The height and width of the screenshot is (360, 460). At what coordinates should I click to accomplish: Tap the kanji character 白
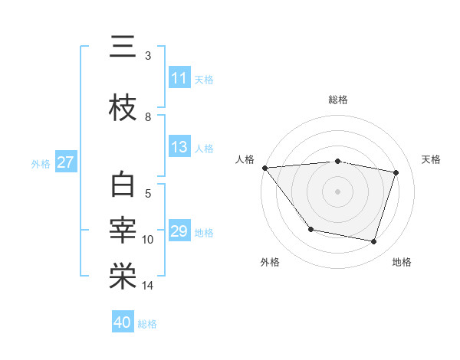(123, 186)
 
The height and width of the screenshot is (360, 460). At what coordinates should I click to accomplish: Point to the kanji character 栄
(123, 277)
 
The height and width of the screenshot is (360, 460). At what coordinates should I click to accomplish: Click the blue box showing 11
(179, 78)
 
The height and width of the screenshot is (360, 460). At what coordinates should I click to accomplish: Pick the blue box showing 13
(179, 148)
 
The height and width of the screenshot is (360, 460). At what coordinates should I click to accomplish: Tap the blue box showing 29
(179, 231)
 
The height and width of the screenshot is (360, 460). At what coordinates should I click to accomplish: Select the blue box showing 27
(66, 162)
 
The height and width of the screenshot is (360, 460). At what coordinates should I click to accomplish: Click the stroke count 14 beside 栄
(149, 286)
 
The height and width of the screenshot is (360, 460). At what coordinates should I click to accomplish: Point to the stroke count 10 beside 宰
(149, 240)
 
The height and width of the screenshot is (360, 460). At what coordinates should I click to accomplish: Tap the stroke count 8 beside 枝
(148, 117)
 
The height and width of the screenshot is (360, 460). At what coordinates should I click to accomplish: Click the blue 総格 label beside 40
(147, 324)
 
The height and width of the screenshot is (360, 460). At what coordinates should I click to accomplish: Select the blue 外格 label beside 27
(41, 163)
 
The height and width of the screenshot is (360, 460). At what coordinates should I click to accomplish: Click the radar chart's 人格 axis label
(245, 159)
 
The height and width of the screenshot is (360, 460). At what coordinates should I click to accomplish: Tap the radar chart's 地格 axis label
(402, 262)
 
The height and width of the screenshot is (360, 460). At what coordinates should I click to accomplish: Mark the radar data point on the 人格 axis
(264, 168)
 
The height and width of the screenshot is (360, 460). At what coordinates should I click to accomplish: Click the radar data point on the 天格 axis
(396, 172)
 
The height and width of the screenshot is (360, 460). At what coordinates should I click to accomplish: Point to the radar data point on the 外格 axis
(310, 229)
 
